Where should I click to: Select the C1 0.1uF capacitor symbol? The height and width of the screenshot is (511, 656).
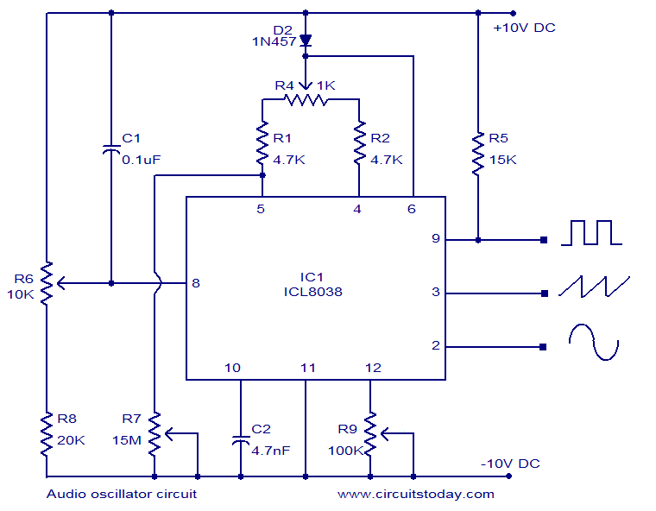[111, 149]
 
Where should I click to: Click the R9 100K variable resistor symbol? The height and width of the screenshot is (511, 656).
[370, 435]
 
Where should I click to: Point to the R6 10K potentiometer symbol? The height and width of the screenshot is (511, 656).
[47, 281]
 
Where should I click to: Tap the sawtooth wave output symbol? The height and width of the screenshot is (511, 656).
[594, 287]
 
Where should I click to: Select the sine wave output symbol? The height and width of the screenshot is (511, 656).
[593, 342]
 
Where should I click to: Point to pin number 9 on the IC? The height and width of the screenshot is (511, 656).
[436, 239]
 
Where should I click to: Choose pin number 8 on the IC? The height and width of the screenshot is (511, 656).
[197, 282]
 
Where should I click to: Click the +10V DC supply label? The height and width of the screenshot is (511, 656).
[524, 28]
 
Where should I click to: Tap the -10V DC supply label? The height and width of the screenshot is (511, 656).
[510, 464]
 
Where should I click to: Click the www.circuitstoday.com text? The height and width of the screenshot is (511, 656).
[415, 494]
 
